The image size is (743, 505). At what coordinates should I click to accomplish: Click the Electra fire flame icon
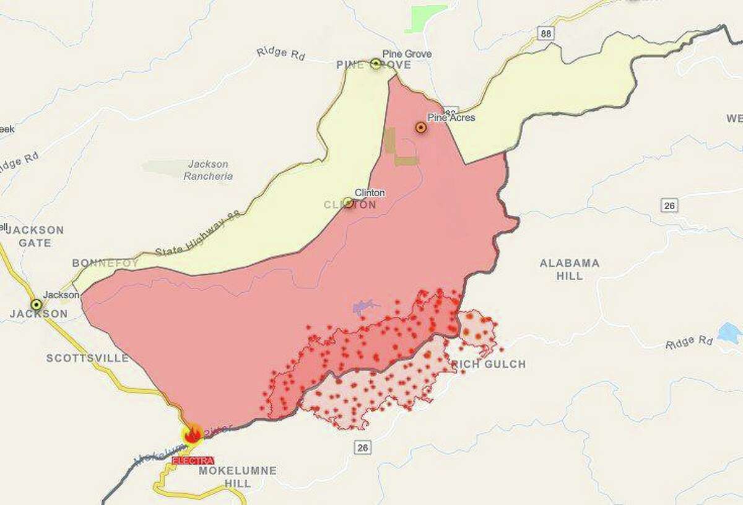pos(192,434)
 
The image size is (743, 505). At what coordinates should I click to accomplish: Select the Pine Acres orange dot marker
pos(421,127)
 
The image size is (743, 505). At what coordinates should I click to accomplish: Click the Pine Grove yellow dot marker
pos(376,63)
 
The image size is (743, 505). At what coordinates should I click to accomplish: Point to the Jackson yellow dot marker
pos(37,304)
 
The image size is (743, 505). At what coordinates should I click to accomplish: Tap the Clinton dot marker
pos(348,202)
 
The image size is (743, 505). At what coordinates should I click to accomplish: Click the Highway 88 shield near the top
pos(545,33)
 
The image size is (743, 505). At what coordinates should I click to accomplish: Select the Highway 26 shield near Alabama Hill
pos(669,205)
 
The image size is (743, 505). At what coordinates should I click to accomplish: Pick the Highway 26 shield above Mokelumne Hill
pos(363,447)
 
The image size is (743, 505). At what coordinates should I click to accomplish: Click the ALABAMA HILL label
pos(570,269)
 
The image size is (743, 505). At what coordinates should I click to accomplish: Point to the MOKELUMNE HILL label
pos(238,477)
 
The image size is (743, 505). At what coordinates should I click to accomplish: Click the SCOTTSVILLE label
pos(87,358)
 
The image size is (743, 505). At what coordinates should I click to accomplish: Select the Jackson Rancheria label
pos(208,170)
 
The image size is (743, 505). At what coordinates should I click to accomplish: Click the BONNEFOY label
pos(105,263)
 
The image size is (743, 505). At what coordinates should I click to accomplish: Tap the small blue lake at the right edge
pos(729,333)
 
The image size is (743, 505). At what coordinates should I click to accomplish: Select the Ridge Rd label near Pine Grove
pos(281,53)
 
